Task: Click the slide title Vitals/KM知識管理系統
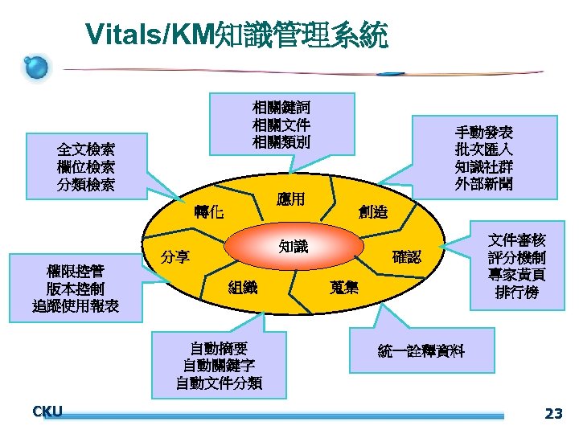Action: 236,35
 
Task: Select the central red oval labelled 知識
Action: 294,247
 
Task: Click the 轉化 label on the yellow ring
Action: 208,212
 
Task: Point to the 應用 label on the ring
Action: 290,199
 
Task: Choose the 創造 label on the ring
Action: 373,212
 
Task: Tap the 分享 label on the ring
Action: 175,257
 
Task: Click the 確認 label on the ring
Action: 406,257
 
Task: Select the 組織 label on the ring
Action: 243,287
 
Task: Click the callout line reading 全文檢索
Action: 85,149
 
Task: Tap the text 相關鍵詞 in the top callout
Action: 281,107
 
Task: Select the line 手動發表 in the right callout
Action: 483,132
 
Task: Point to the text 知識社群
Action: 483,167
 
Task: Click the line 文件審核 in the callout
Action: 517,240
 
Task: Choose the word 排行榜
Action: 517,293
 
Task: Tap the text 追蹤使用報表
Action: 76,306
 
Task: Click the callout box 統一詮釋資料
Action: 421,351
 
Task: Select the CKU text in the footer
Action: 47,411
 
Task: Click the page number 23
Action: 553,414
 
